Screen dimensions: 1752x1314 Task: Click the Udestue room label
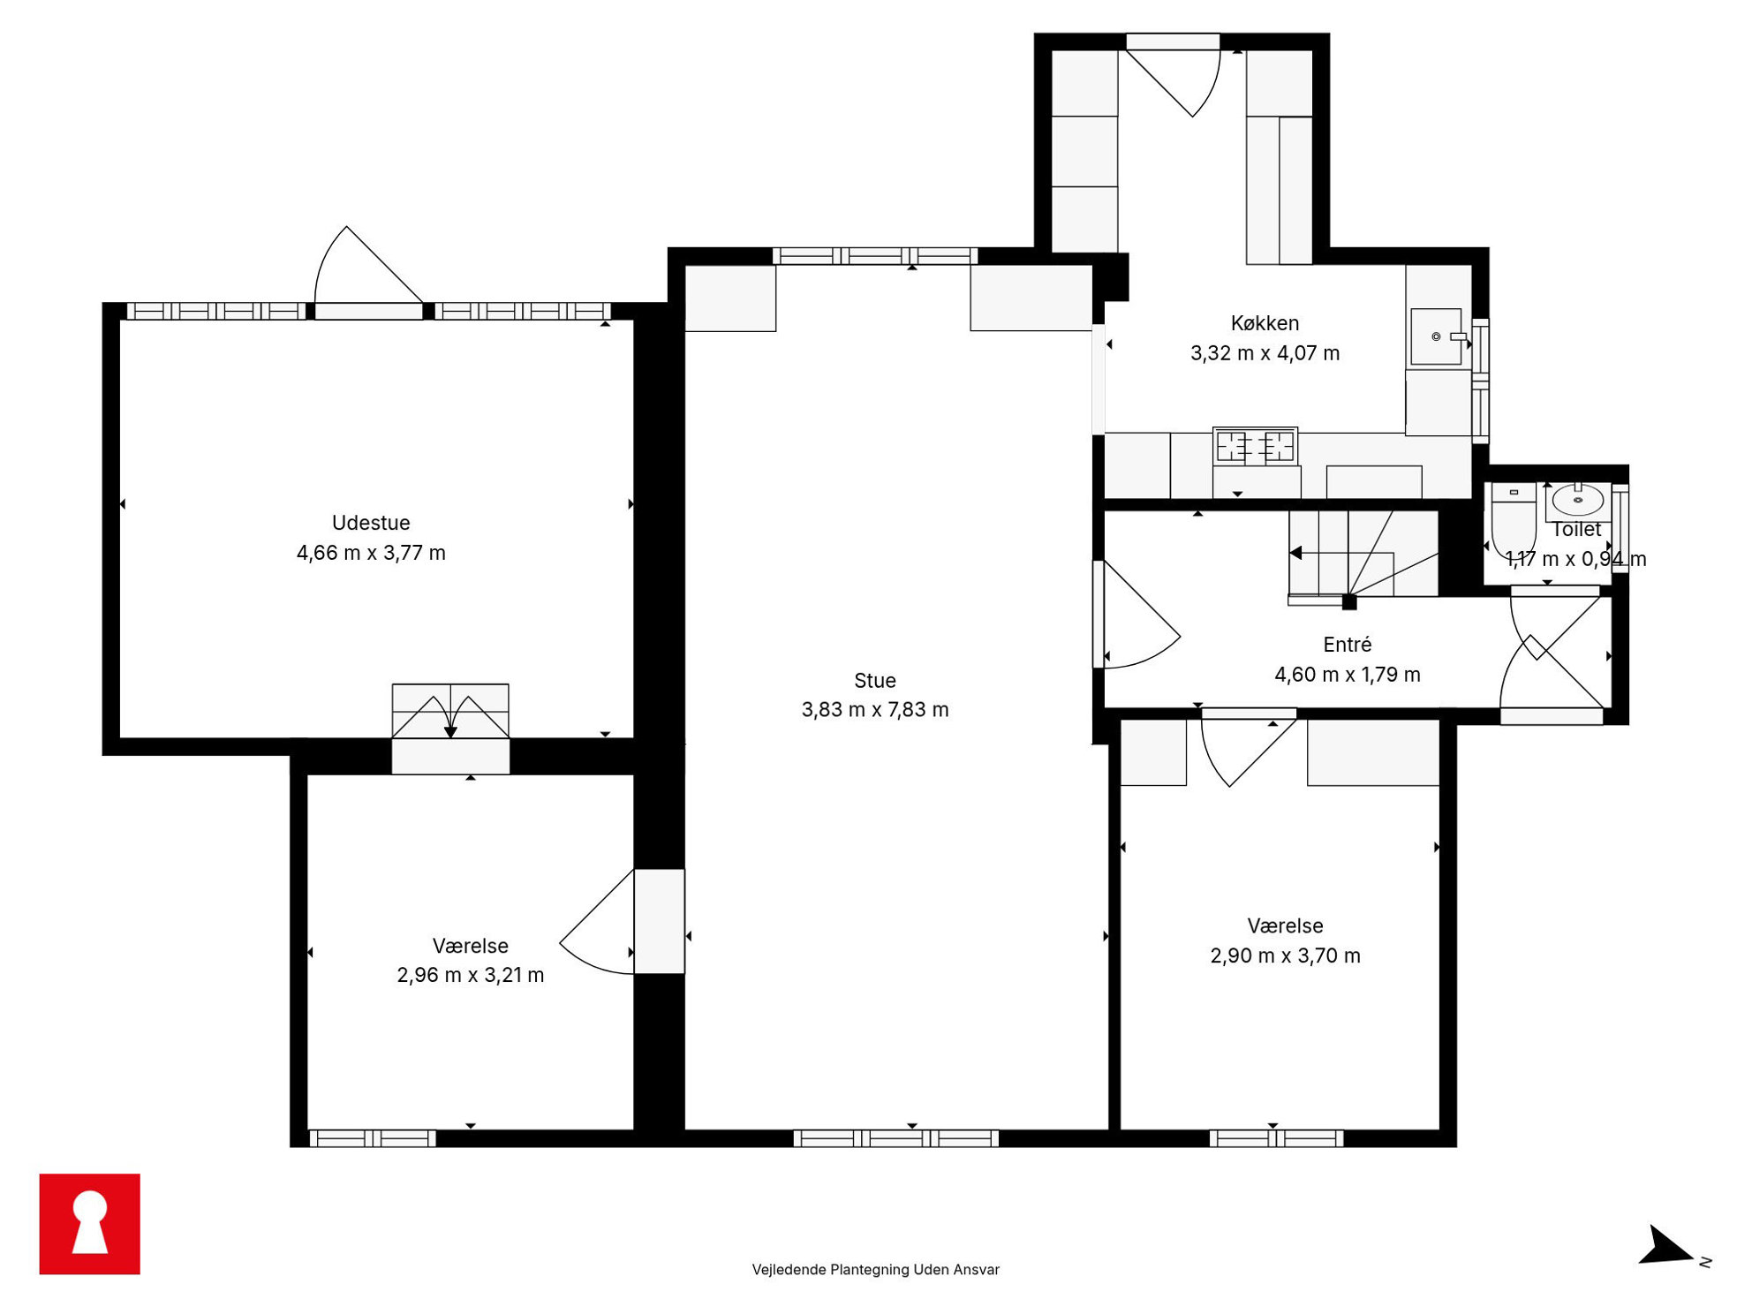pyautogui.click(x=371, y=523)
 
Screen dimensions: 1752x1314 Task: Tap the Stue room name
pyautogui.click(x=875, y=681)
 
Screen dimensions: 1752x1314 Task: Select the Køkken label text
pyautogui.click(x=1265, y=323)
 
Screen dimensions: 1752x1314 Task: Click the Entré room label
pyautogui.click(x=1347, y=645)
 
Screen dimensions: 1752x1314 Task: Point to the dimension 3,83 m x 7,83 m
pyautogui.click(x=875, y=710)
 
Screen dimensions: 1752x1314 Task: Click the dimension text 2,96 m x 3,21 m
pyautogui.click(x=471, y=975)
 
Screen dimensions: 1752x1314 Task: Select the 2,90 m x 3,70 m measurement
pyautogui.click(x=1285, y=955)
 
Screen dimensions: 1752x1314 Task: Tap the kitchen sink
pyautogui.click(x=1437, y=336)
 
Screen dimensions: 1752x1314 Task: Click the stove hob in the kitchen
pyautogui.click(x=1255, y=447)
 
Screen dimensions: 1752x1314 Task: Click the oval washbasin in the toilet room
pyautogui.click(x=1578, y=500)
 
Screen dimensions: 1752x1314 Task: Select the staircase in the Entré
pyautogui.click(x=1363, y=554)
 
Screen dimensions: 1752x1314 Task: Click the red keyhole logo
pyautogui.click(x=90, y=1224)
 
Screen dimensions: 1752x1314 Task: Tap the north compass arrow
pyautogui.click(x=1665, y=1246)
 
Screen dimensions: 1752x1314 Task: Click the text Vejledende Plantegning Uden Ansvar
pyautogui.click(x=875, y=1270)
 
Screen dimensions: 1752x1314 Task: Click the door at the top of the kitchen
pyautogui.click(x=1174, y=75)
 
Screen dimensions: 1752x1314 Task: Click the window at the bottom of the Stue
pyautogui.click(x=896, y=1138)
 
